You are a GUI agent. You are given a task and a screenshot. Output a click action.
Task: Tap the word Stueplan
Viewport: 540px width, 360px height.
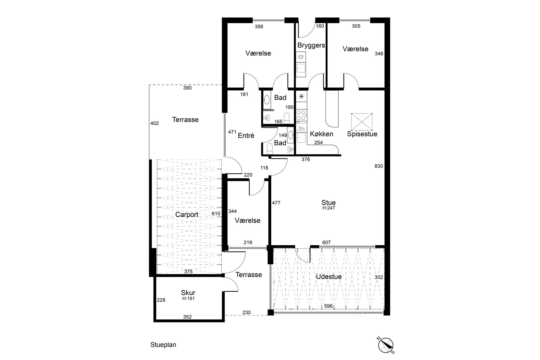(163, 345)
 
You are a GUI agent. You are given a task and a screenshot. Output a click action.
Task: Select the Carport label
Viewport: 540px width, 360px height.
(187, 215)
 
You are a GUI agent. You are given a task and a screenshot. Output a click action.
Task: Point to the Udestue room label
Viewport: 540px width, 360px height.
(329, 277)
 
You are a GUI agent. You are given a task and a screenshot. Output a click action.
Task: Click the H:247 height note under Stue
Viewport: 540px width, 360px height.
(329, 208)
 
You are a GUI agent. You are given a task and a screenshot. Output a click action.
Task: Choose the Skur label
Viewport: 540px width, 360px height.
(188, 293)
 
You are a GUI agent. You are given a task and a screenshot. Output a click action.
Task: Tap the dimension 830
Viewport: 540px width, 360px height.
(379, 166)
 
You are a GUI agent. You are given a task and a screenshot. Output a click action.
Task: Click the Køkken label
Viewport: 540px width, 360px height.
(322, 134)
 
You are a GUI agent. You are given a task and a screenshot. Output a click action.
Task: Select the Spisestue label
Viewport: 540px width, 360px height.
(362, 134)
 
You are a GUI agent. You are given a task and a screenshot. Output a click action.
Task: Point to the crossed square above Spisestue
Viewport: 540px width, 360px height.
(362, 121)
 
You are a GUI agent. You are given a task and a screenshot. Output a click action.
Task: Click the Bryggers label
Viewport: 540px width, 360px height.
(311, 45)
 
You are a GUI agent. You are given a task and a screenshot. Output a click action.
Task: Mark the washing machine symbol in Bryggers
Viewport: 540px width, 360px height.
(301, 57)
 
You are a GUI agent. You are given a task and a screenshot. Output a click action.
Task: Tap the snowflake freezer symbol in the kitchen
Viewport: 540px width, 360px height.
(301, 96)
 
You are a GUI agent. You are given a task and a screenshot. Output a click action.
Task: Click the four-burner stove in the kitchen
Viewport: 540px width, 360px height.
(301, 115)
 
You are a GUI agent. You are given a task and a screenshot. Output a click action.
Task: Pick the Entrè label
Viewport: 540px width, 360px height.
(246, 136)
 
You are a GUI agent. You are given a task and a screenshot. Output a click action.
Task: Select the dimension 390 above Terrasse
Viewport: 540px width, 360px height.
(187, 88)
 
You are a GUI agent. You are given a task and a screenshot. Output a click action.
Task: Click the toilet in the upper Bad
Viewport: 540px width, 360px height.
(286, 118)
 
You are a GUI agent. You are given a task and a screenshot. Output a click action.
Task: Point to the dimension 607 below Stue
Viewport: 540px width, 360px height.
(326, 242)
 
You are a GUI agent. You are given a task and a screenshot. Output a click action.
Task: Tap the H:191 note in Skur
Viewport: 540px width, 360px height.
(188, 299)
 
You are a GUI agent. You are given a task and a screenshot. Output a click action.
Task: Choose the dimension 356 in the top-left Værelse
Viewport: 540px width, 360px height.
(259, 27)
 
